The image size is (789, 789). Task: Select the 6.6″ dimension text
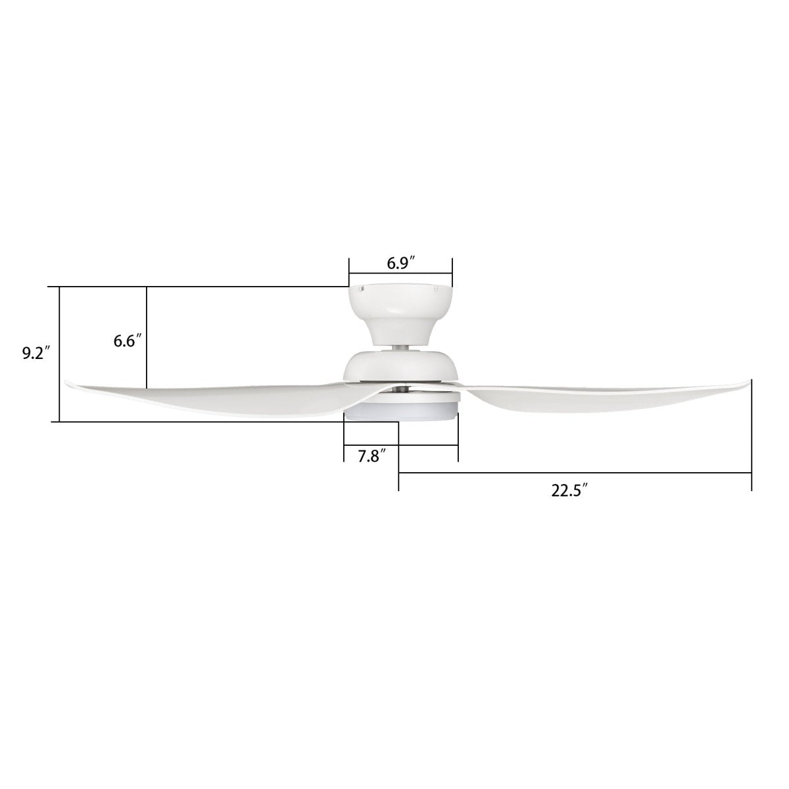coord(125,341)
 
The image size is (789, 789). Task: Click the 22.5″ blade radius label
coord(569,490)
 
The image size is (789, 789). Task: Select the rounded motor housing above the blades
coord(401,366)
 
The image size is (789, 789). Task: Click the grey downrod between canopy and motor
coord(400,347)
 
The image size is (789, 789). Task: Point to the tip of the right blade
coord(748,381)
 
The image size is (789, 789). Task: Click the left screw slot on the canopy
coord(362,287)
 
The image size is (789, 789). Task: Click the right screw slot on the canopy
coord(435,287)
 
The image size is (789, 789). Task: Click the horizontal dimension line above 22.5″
coord(575,473)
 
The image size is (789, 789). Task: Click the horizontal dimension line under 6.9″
coord(400,273)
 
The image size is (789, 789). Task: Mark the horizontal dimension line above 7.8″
coord(401,445)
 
